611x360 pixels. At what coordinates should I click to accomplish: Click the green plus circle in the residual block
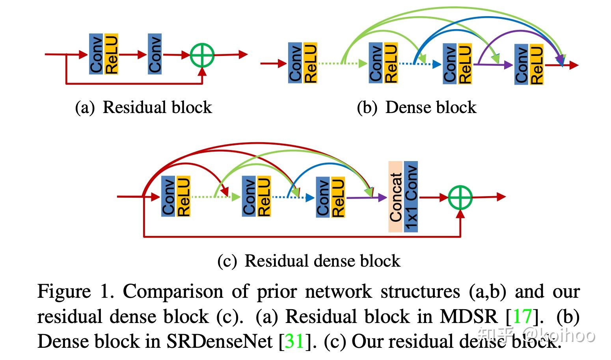click(202, 55)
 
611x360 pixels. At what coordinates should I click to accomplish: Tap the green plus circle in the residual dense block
click(460, 197)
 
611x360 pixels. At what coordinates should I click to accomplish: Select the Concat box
click(395, 197)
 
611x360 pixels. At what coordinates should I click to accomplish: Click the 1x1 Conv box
click(411, 197)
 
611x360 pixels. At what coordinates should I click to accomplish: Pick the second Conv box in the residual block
click(155, 54)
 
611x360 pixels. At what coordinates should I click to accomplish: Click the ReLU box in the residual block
click(112, 54)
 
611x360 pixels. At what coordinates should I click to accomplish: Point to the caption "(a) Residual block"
click(143, 107)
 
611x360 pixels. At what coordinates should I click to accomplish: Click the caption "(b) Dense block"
click(417, 107)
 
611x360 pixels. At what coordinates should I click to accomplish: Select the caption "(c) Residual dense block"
click(309, 261)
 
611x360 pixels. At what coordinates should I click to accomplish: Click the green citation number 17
click(523, 316)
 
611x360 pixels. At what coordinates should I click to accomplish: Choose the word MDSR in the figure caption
click(469, 316)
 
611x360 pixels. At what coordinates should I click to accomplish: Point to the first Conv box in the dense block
click(295, 63)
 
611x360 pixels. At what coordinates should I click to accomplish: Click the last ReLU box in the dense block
click(536, 65)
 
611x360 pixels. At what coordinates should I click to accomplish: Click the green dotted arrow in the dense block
click(342, 63)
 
